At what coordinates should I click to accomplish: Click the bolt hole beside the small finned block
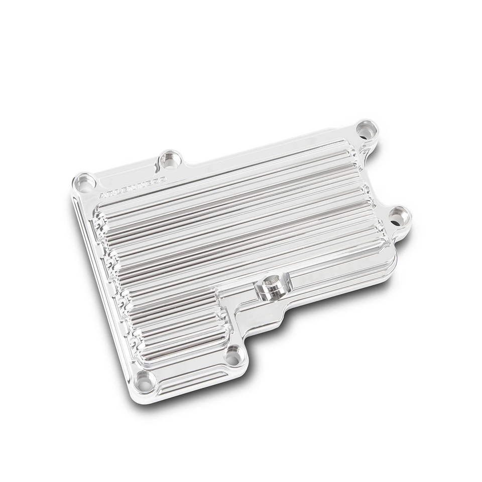(231, 357)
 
